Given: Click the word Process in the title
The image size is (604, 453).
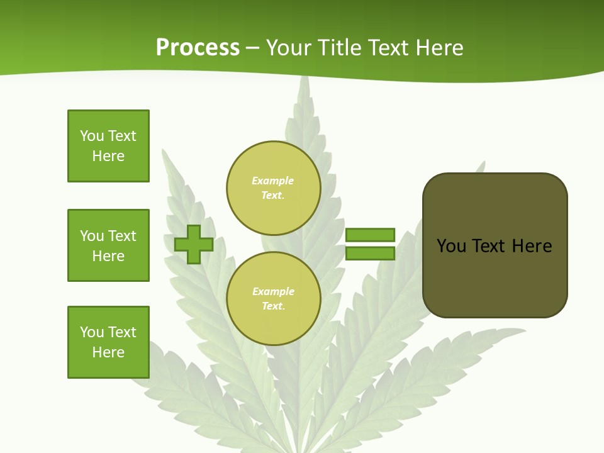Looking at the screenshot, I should (198, 48).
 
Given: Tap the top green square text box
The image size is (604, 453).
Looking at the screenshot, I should (108, 146).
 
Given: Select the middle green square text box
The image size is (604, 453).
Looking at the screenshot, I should (108, 245).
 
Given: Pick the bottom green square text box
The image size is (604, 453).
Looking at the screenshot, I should (108, 342).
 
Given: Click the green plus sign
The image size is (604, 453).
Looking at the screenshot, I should (194, 244).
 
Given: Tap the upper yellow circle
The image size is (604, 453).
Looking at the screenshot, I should (274, 188).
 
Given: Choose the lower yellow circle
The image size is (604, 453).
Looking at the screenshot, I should (274, 299).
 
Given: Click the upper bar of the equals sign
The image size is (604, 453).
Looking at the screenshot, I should (370, 235).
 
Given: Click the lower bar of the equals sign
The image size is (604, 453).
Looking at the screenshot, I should (370, 253).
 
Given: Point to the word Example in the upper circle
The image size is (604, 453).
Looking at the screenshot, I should (273, 181).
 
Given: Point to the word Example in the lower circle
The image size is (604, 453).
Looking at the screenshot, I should (273, 292).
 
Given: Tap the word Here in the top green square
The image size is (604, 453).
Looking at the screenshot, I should (108, 156).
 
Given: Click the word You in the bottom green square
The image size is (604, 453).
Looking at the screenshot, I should (92, 332).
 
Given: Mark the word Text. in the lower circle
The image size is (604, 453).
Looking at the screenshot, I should (273, 306).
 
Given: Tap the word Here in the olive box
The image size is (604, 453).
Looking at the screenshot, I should (532, 246).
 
